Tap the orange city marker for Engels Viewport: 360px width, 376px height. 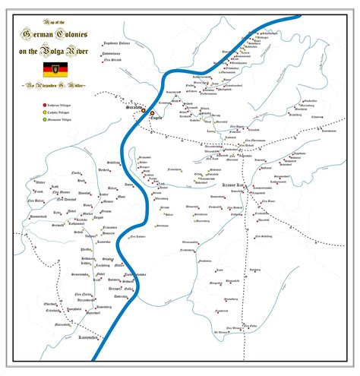[152, 112]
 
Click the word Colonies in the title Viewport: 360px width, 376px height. [72, 32]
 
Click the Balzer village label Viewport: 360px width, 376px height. [113, 188]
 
